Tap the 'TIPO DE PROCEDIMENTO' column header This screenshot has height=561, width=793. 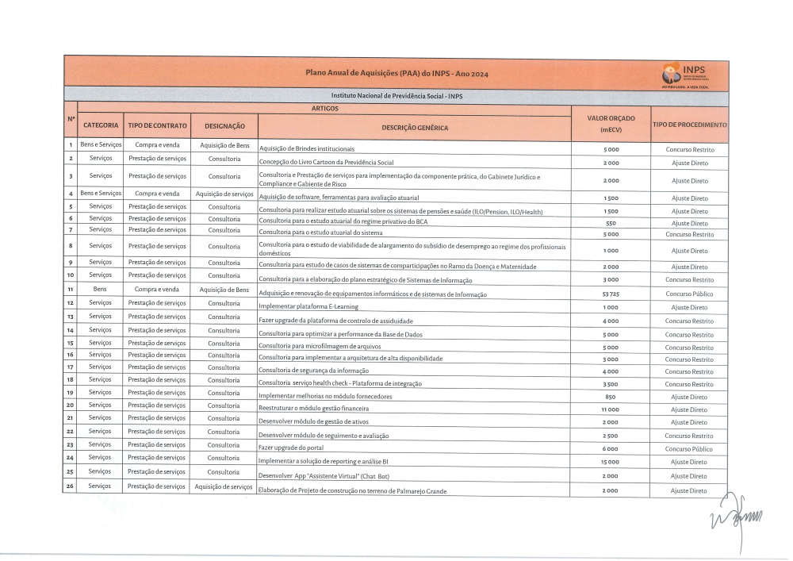pyautogui.click(x=689, y=125)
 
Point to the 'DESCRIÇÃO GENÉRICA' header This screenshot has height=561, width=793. pyautogui.click(x=415, y=128)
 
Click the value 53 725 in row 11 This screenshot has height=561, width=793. pyautogui.click(x=610, y=294)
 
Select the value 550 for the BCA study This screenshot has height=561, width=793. pyautogui.click(x=610, y=224)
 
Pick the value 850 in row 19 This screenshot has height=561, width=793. pyautogui.click(x=610, y=397)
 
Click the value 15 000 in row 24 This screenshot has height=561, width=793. pyautogui.click(x=610, y=462)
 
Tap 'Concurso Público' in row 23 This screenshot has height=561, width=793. pyautogui.click(x=689, y=449)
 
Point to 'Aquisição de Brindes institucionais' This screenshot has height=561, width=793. pyautogui.click(x=307, y=149)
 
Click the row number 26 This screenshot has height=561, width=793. pyautogui.click(x=71, y=486)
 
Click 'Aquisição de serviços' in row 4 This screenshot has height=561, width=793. pyautogui.click(x=224, y=194)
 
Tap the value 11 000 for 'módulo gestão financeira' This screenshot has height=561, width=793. pyautogui.click(x=610, y=409)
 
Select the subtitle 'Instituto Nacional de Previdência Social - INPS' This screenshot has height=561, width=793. pyautogui.click(x=396, y=96)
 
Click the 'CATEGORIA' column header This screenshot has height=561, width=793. pyautogui.click(x=101, y=125)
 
